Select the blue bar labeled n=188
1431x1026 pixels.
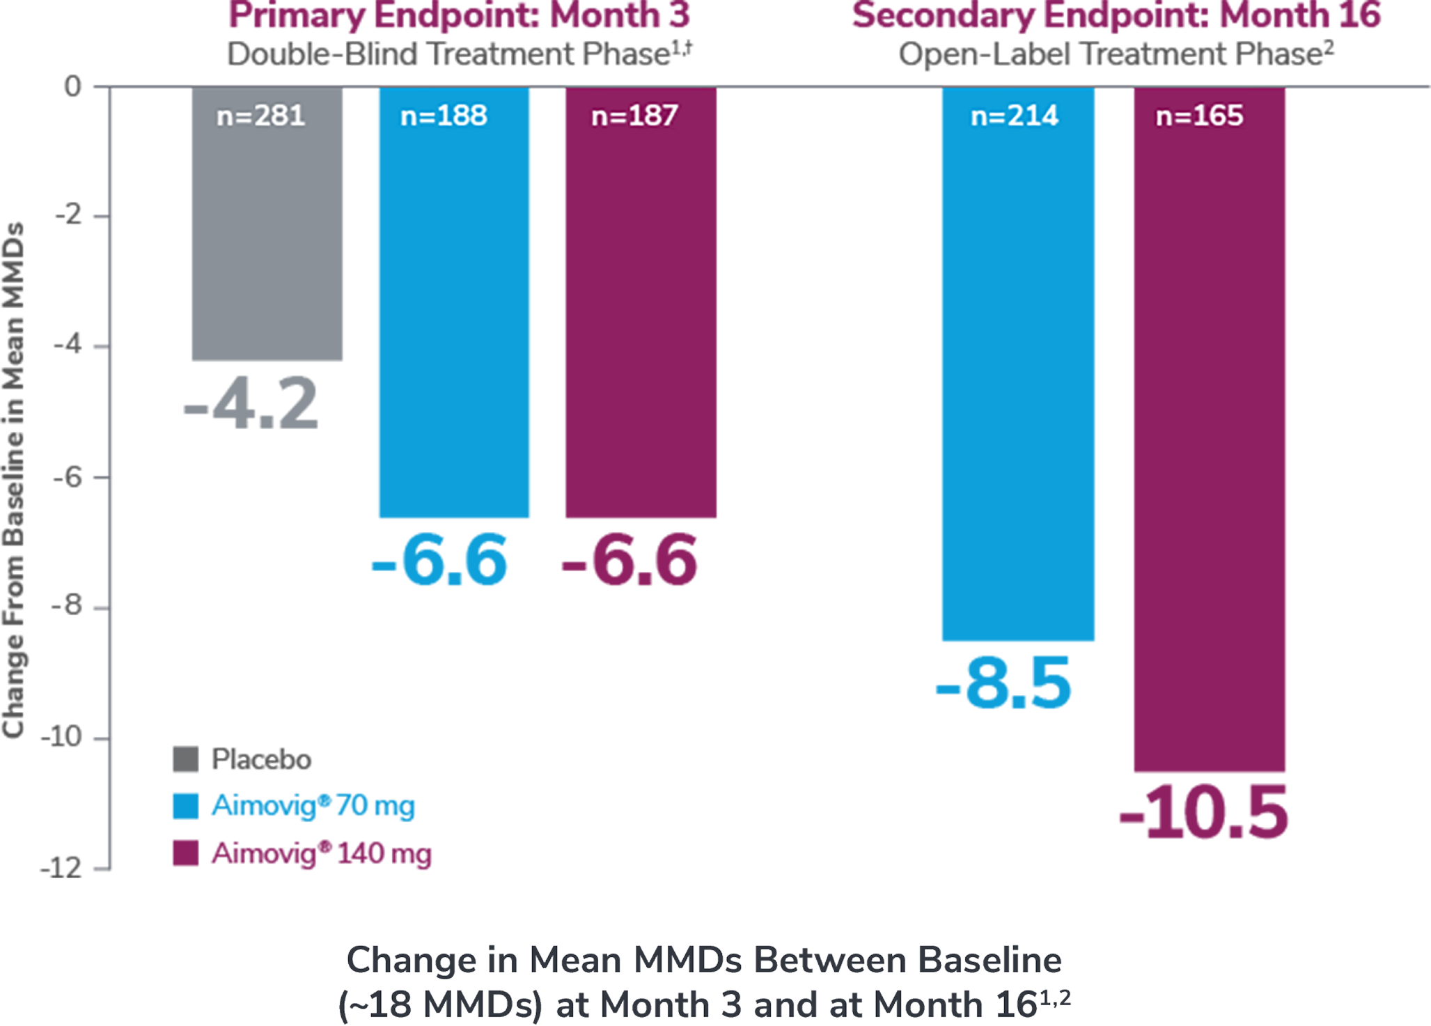(x=454, y=313)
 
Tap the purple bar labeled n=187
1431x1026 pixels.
(x=641, y=313)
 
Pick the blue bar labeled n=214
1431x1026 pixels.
(x=1018, y=376)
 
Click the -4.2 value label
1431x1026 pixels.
(x=251, y=403)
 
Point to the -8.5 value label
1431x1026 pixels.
(x=1003, y=685)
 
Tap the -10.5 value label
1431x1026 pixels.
(x=1204, y=813)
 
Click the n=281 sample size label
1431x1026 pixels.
(x=261, y=116)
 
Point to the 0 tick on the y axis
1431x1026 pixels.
(x=72, y=86)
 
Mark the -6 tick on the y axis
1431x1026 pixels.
(x=68, y=478)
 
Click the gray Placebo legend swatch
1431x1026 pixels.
(x=185, y=759)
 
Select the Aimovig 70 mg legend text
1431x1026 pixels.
(x=313, y=806)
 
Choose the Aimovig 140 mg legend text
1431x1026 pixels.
(x=321, y=853)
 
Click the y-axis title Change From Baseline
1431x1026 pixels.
(x=14, y=481)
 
